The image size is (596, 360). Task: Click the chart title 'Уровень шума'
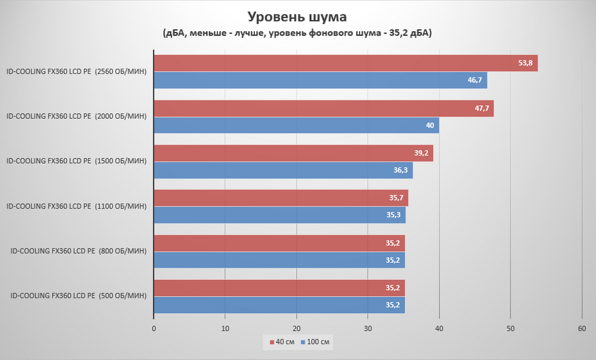click(298, 16)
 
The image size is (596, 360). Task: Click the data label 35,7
click(397, 198)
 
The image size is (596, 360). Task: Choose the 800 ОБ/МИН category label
click(78, 251)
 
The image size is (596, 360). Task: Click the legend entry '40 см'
click(281, 341)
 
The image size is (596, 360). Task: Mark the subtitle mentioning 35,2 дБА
click(298, 33)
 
